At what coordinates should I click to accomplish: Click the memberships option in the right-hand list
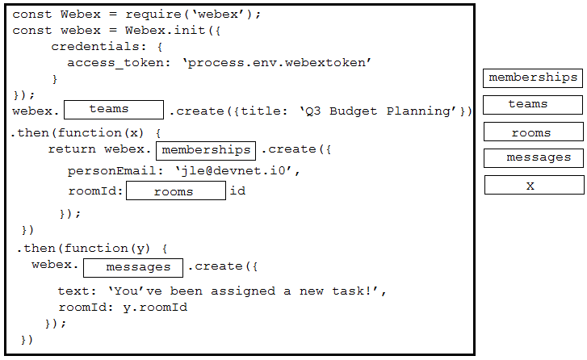[x=533, y=78]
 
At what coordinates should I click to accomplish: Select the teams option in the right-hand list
[x=533, y=105]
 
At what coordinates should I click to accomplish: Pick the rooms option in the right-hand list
[x=533, y=132]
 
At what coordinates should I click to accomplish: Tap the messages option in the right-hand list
[x=533, y=158]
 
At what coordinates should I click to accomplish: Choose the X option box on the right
[x=535, y=185]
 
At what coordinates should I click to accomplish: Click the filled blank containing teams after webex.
[x=114, y=110]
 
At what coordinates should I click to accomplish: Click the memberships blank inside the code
[x=206, y=151]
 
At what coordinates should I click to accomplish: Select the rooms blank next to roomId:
[x=176, y=190]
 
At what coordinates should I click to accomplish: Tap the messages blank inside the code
[x=133, y=268]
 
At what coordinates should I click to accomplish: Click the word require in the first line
[x=153, y=15]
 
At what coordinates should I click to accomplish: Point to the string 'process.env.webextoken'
[x=277, y=62]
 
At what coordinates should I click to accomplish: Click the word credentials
[x=95, y=46]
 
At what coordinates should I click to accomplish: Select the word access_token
[x=115, y=63]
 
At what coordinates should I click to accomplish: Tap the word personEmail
[x=111, y=171]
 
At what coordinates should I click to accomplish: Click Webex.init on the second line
[x=165, y=31]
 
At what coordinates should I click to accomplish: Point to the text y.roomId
[x=155, y=308]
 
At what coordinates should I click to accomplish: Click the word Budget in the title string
[x=353, y=111]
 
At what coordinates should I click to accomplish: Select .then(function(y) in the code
[x=83, y=249]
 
